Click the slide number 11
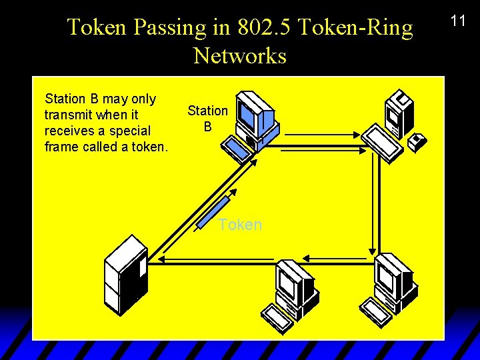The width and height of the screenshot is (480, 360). click(x=458, y=21)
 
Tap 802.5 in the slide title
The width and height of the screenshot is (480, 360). click(x=252, y=28)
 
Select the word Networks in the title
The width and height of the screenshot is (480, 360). click(x=240, y=56)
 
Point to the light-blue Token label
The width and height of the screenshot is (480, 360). click(x=240, y=225)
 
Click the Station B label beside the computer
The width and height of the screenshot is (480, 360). click(x=207, y=118)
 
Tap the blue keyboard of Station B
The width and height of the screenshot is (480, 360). click(x=237, y=149)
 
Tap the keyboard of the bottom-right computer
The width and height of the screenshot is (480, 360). click(x=377, y=307)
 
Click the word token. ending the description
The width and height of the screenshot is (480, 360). click(x=149, y=147)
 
